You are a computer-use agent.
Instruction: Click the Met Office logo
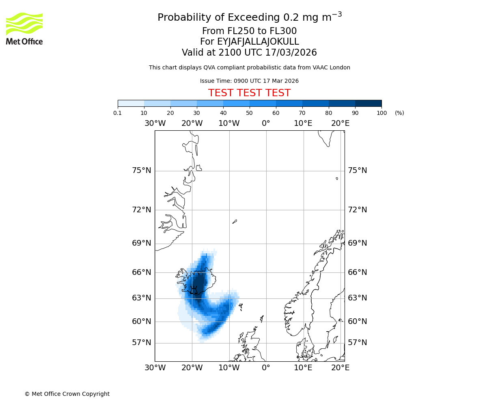point(24,28)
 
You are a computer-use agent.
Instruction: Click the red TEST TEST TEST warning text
point(249,93)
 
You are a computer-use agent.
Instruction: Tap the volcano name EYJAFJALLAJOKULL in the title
point(249,42)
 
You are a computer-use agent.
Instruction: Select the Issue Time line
point(249,81)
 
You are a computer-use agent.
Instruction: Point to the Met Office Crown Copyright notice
point(67,394)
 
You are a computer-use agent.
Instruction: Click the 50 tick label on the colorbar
point(250,113)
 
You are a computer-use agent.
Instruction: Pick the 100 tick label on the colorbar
point(381,113)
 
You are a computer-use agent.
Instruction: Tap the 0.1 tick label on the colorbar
point(118,113)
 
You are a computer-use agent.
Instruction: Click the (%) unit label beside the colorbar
point(399,113)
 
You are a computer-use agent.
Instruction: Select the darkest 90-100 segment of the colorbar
point(368,103)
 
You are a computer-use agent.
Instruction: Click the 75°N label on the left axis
point(142,171)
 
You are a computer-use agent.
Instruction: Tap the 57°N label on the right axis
point(357,343)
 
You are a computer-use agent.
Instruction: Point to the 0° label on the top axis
point(266,123)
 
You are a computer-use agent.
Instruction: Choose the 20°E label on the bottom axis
point(340,368)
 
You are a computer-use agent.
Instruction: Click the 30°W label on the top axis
point(155,123)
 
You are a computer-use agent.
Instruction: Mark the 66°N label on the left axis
point(142,272)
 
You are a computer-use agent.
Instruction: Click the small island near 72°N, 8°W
point(235,222)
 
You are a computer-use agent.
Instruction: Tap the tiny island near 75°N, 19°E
point(337,178)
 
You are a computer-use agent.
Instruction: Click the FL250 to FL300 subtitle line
point(249,31)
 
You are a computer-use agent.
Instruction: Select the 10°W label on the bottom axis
point(229,368)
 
